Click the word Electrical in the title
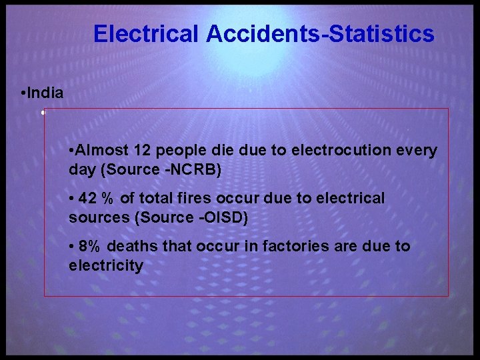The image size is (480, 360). click(146, 34)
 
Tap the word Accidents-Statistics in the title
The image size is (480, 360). click(321, 34)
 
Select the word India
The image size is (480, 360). click(46, 93)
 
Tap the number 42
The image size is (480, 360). click(88, 198)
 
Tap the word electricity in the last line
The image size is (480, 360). click(106, 266)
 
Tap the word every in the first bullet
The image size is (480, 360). click(417, 150)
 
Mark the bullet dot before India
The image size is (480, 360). click(23, 93)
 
